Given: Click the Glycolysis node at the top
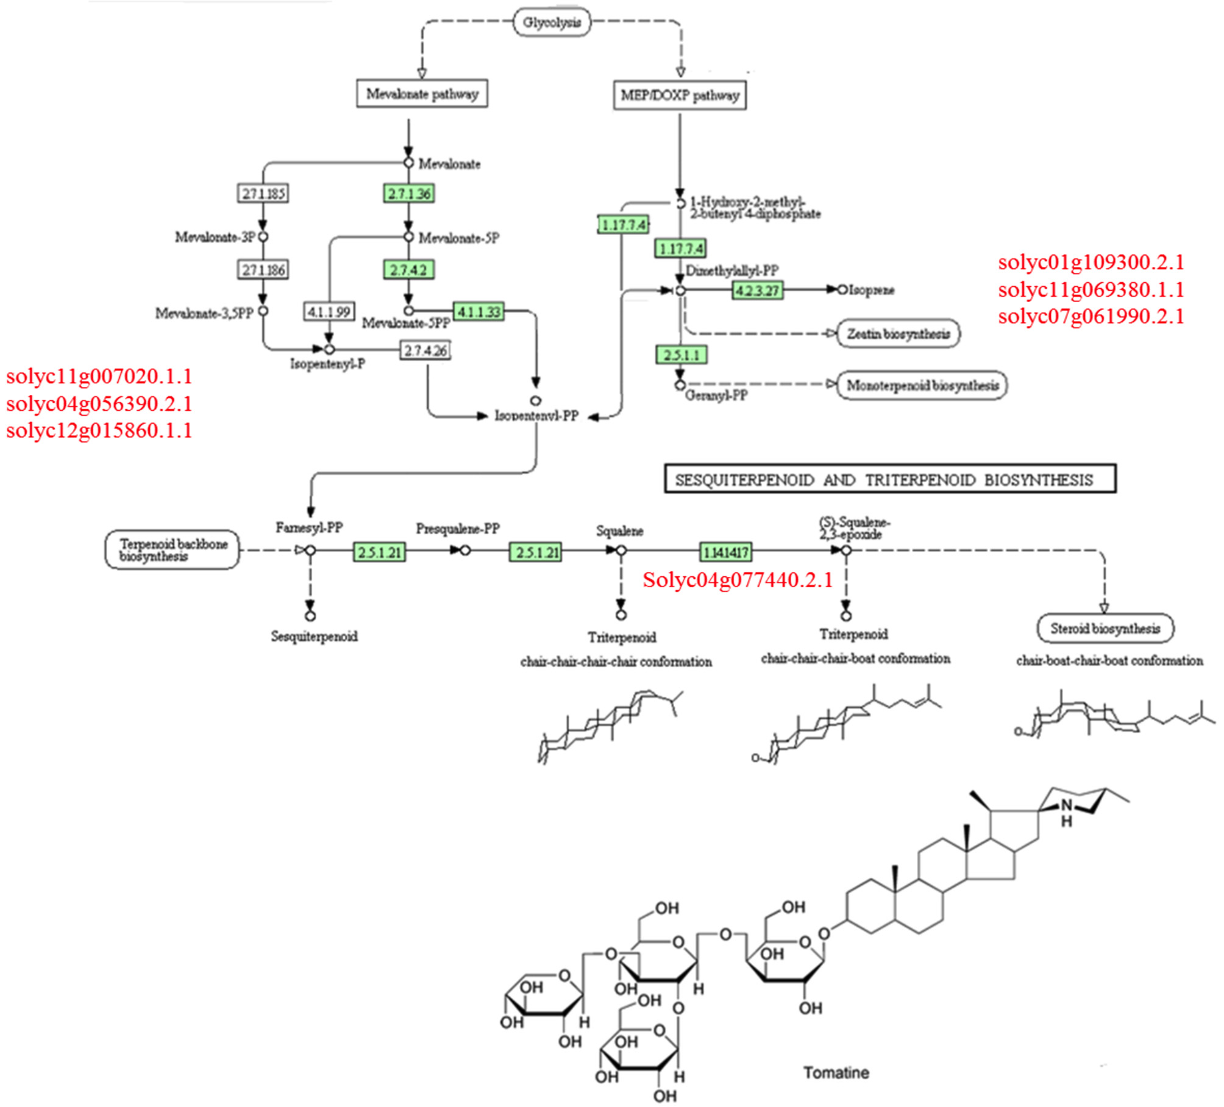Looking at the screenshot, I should coord(552,23).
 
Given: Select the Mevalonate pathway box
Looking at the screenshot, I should coord(422,94).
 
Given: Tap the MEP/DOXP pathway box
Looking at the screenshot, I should coord(680,96).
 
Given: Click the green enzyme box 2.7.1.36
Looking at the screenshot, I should coord(409,194).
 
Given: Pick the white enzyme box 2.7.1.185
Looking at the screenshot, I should coord(263,194).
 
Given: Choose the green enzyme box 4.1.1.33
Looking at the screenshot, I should coord(479,312).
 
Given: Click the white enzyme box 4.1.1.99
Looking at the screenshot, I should coord(329,312).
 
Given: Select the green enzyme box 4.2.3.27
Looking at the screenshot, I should coord(757,291).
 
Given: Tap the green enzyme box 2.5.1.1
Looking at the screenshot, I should coord(681,355).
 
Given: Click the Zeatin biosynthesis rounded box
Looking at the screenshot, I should coord(898,334).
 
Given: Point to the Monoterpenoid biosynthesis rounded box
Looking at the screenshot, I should coord(922,386).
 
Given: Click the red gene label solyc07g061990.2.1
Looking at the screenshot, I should coord(1091,316).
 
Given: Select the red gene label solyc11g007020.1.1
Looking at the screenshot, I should coord(99,377).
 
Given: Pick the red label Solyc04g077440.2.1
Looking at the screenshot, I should coord(738,579).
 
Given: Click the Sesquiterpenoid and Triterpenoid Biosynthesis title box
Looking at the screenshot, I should coord(890,479).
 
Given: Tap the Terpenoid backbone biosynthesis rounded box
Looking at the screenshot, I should coord(173,550).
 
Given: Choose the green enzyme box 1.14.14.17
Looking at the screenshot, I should coord(725,553).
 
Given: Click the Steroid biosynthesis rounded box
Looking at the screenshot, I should coord(1105,628).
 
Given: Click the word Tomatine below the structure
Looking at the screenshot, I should coord(836,1072).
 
